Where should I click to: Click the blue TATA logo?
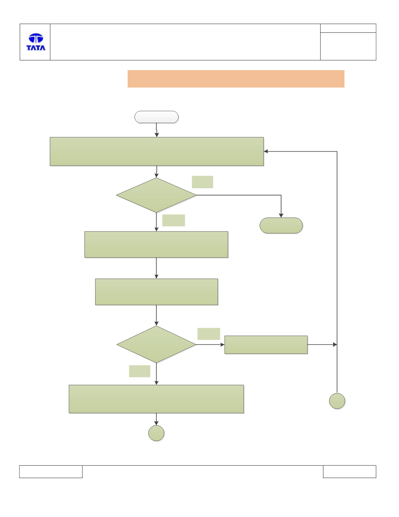click(36, 42)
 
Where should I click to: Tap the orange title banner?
click(236, 79)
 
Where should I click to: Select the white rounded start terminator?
click(156, 117)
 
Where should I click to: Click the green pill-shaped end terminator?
click(281, 225)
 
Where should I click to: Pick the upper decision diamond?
click(156, 195)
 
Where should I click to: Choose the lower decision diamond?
click(156, 344)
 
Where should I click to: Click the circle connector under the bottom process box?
click(156, 433)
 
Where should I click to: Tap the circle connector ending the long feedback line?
click(337, 401)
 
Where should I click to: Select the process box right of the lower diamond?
click(266, 345)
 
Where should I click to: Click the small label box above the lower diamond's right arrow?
click(209, 334)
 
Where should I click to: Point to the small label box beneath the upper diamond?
click(174, 220)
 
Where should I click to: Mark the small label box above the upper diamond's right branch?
click(202, 182)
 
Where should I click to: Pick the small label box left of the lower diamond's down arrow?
click(139, 371)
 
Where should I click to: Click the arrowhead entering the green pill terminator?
click(281, 215)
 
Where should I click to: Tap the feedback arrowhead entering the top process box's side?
click(266, 151)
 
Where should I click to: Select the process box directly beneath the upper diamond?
click(156, 245)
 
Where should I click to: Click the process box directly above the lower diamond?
click(156, 292)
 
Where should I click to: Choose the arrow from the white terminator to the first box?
click(157, 130)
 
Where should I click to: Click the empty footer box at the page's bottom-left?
click(51, 472)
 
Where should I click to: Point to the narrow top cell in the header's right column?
click(348, 28)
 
